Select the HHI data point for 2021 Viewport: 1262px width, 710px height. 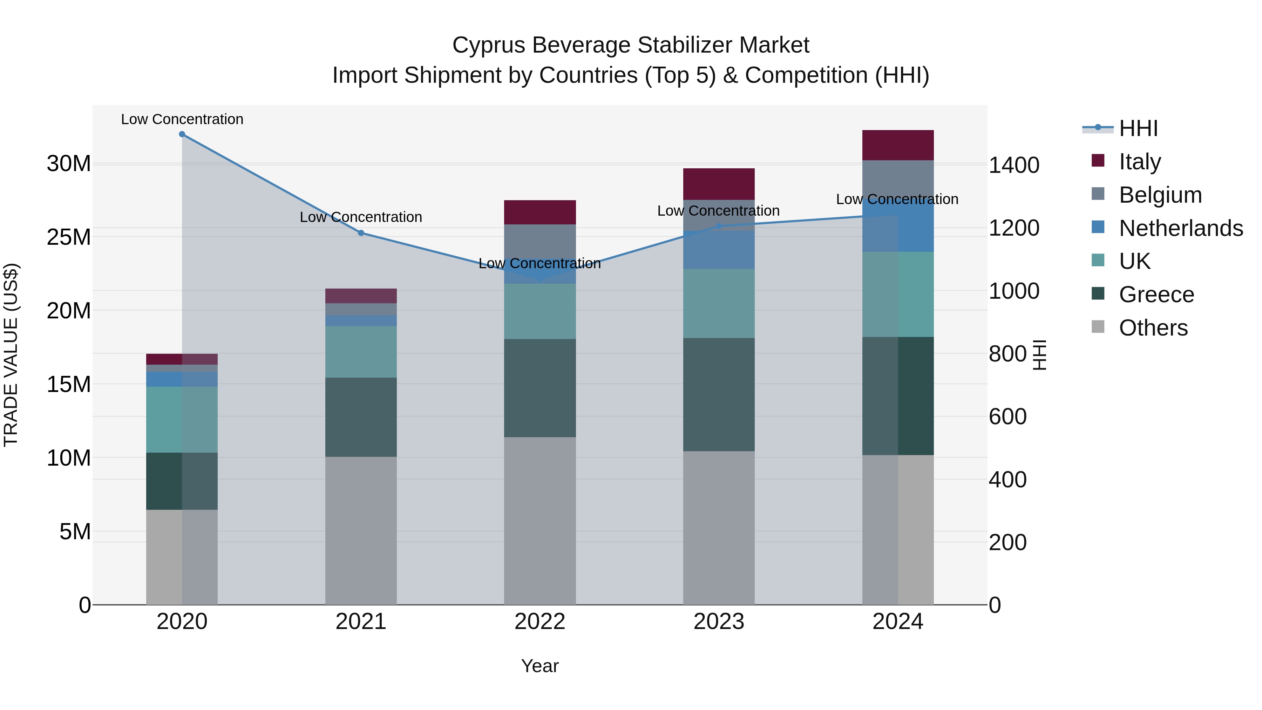point(361,233)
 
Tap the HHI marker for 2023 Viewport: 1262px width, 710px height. point(719,226)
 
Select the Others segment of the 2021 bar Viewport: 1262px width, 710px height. point(361,531)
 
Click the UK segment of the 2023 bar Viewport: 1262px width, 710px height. point(719,303)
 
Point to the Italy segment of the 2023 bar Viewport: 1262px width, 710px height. point(719,184)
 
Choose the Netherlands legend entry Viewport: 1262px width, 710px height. point(1181,228)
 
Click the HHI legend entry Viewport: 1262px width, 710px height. point(1138,128)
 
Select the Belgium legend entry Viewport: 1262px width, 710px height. point(1160,195)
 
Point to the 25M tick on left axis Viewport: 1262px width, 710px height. point(69,237)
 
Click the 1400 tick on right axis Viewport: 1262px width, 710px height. point(1013,165)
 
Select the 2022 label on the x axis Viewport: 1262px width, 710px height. point(540,622)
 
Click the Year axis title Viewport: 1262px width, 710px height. point(540,666)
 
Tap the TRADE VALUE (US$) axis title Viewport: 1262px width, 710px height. point(11,355)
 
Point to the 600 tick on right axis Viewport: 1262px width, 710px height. point(1007,417)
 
